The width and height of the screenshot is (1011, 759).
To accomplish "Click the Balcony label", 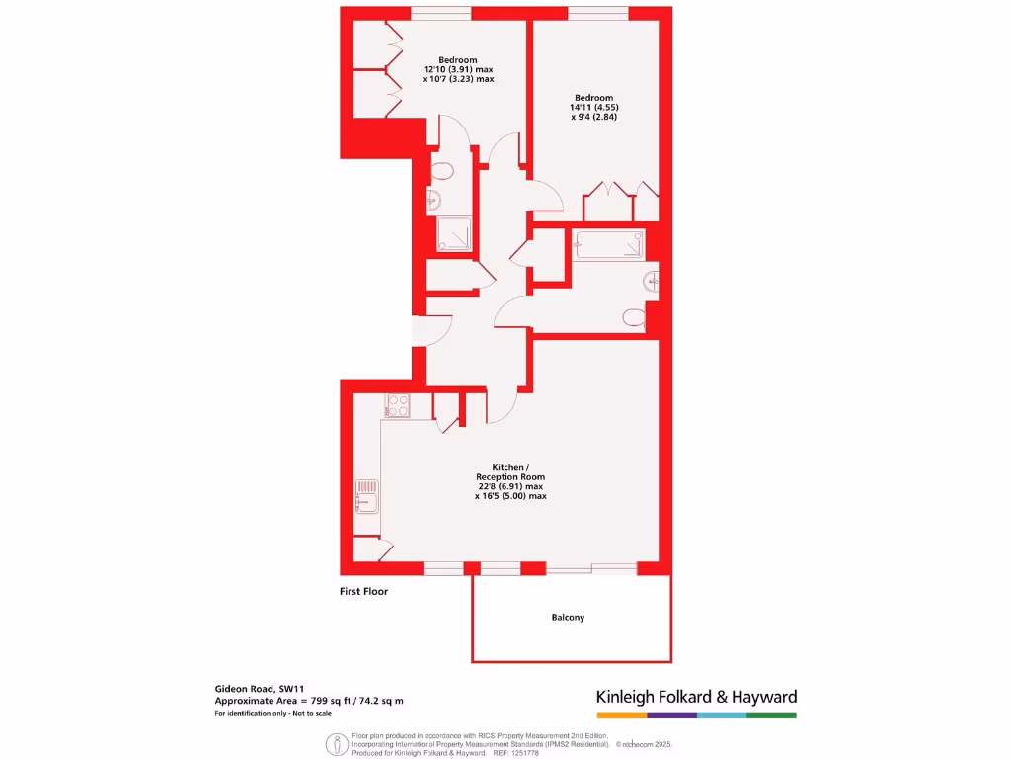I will coord(568,618).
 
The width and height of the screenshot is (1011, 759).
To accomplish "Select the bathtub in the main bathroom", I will coord(609,244).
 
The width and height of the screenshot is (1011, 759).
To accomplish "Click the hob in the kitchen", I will coord(397,404).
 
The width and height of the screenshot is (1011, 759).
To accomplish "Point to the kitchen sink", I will coord(366,494).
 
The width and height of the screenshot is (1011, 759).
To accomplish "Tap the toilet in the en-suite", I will coord(442,171).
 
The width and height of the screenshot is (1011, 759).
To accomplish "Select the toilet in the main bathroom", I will coord(633,317).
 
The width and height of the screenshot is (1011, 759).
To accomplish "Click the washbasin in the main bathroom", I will coord(652,281).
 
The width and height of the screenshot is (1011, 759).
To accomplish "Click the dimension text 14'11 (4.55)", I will coord(594,107).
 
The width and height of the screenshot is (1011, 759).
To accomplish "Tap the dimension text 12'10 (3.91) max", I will coord(457,69).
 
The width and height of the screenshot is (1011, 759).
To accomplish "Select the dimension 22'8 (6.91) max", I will coord(510,486).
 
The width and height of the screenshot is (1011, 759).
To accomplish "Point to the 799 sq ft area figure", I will coord(308,701).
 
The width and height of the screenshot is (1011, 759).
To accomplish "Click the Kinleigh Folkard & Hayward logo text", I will coord(696,697).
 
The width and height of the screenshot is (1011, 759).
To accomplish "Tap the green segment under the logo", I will coord(771,715).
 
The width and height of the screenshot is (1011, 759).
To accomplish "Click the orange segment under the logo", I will coord(621,715).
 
